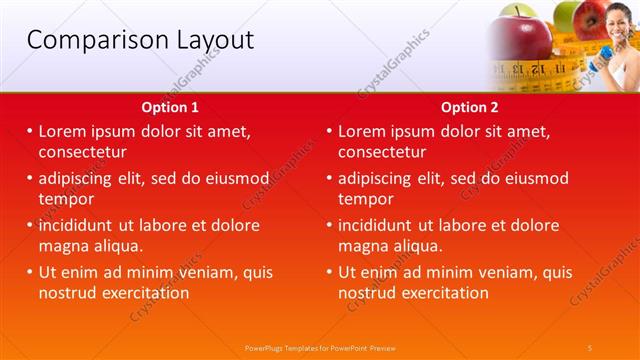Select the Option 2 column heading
click(x=469, y=107)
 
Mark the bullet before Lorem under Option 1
click(x=30, y=131)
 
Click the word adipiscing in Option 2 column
click(x=376, y=178)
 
